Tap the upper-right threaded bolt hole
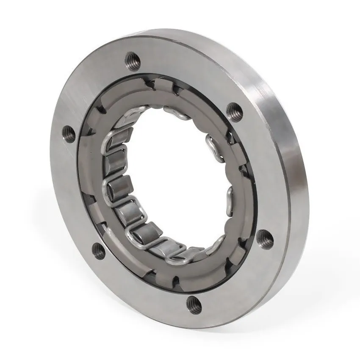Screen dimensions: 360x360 (x=233, y=111)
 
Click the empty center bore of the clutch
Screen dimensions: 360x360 (x=169, y=178)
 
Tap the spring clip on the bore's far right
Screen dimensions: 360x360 (x=229, y=197)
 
